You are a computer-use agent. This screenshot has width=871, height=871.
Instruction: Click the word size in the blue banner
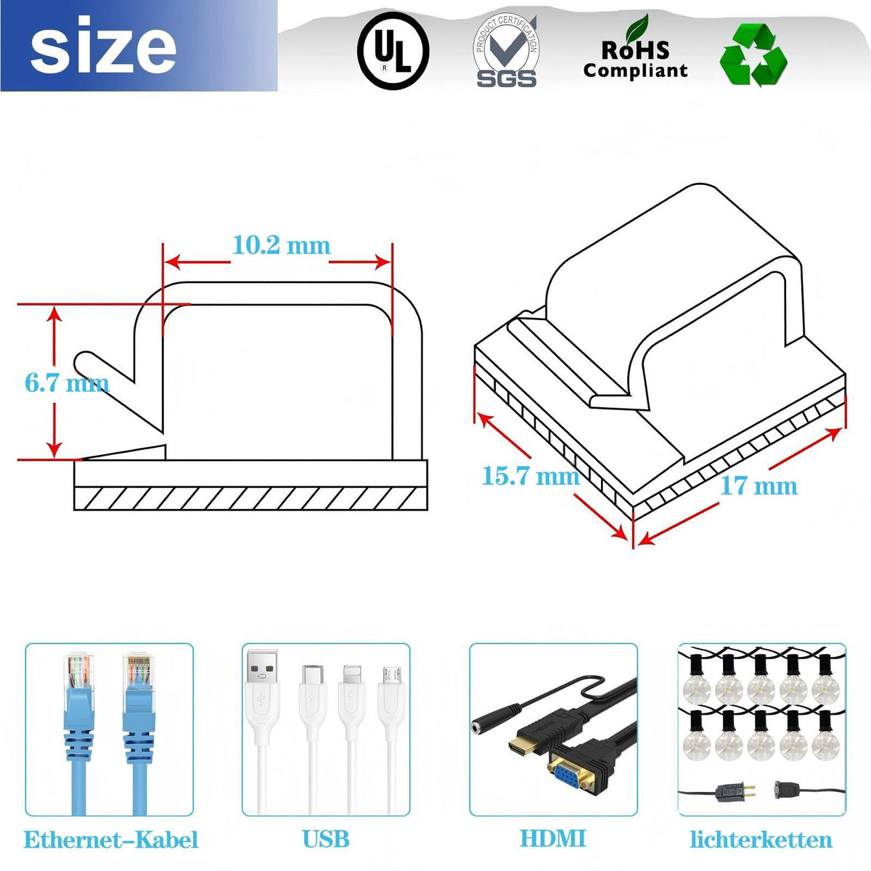pos(103,46)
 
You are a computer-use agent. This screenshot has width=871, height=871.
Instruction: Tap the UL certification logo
pos(393,50)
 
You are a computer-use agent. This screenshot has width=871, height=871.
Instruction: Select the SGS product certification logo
pos(506,51)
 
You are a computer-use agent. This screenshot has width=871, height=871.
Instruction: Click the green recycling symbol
pos(753,54)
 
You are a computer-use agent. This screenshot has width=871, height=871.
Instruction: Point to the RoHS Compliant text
pos(635,60)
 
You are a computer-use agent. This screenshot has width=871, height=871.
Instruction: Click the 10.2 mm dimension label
pos(282,245)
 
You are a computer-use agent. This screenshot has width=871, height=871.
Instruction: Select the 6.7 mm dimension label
pos(67,383)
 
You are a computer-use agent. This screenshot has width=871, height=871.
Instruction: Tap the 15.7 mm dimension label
pos(531,476)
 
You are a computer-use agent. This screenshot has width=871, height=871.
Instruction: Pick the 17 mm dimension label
pos(759,486)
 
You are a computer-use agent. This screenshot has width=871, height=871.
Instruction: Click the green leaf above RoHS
pos(636,28)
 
